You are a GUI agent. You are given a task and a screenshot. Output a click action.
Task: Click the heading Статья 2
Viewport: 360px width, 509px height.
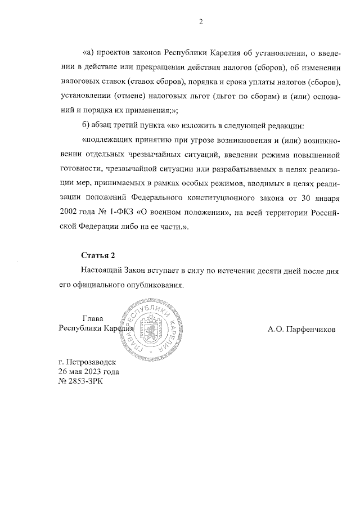pyautogui.click(x=98, y=255)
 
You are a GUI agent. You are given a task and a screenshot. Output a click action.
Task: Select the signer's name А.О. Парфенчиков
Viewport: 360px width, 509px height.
pyautogui.click(x=301, y=329)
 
